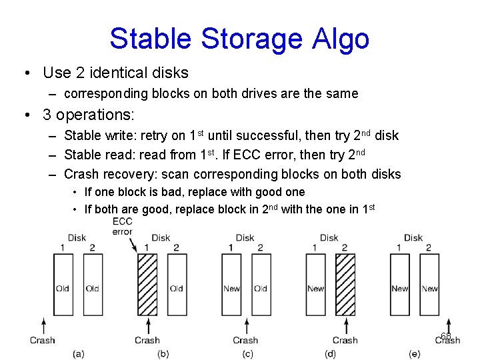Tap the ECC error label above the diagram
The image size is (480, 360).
coord(123,227)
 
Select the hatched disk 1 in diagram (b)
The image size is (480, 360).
coord(147,284)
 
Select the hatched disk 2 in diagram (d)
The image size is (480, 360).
coord(345,284)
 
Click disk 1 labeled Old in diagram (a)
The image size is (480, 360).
coord(63,284)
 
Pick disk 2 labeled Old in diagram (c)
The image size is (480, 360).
coord(261,284)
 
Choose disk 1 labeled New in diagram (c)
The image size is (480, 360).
coord(231,284)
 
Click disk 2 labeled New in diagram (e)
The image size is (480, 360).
coord(429,284)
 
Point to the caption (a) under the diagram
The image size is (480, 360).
coord(79,353)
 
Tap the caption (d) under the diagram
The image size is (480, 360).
coord(330,353)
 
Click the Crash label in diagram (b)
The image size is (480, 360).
coord(147,340)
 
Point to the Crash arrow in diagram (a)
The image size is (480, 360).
coord(43,325)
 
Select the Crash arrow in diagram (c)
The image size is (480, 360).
coord(246,325)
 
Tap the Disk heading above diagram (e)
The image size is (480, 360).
coord(413,237)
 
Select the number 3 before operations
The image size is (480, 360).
coord(47,115)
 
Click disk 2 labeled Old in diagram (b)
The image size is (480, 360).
coord(176,284)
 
